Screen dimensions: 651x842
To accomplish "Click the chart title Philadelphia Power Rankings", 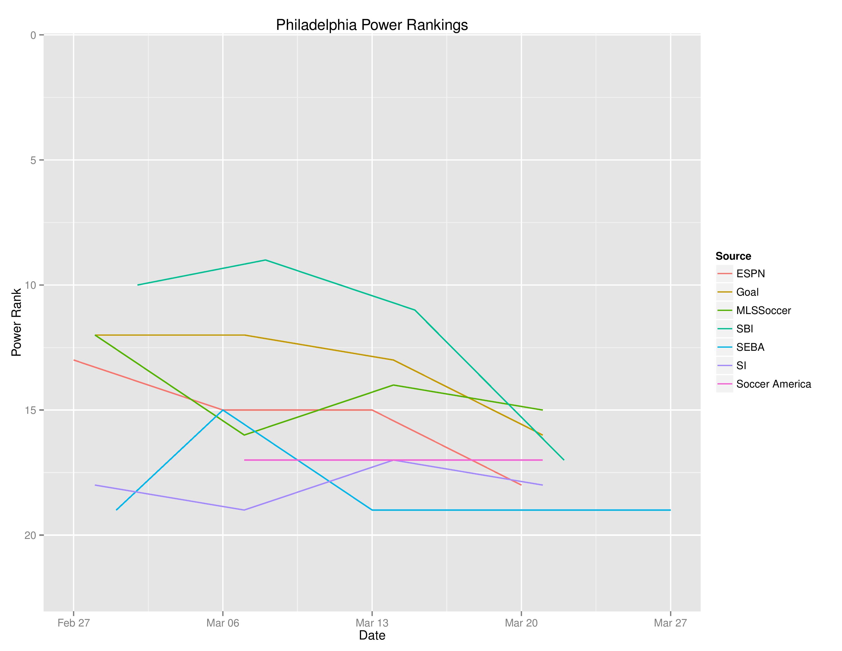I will (372, 25).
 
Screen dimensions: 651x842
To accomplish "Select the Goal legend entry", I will (747, 292).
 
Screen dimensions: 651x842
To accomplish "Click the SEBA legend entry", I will (750, 347).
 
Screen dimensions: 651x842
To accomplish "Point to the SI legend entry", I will (741, 366).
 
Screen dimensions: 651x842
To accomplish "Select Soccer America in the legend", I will (773, 384).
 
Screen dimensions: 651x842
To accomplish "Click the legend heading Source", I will (733, 256).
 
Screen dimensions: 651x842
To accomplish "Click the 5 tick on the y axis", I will (33, 160).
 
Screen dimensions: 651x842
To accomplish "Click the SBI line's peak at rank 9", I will (265, 260).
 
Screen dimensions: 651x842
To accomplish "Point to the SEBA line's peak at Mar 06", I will (223, 410).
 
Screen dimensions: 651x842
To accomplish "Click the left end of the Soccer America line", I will (244, 460).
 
